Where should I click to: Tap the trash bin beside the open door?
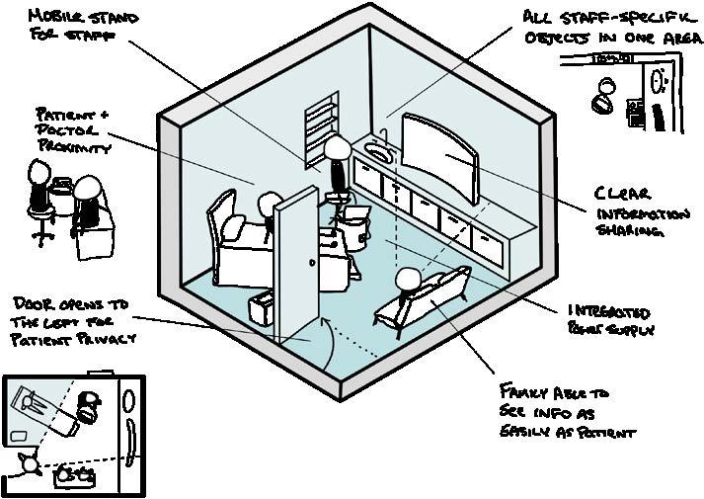[x=260, y=307]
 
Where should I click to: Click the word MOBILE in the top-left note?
[x=57, y=17]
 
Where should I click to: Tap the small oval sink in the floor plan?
[x=19, y=436]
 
